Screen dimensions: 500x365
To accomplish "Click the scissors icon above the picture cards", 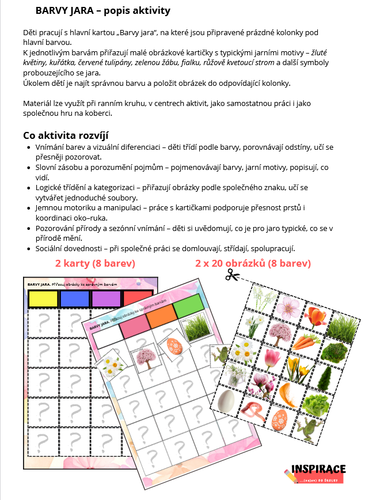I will pyautogui.click(x=232, y=276).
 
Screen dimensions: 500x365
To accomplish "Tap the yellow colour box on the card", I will pyautogui.click(x=43, y=298).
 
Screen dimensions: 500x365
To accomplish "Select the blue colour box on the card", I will pyautogui.click(x=74, y=298).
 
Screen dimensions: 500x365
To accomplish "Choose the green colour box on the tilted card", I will pyautogui.click(x=188, y=306).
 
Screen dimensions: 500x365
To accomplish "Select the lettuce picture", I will pyautogui.click(x=314, y=406).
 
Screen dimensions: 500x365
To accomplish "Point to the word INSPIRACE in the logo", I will pyautogui.click(x=319, y=468).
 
